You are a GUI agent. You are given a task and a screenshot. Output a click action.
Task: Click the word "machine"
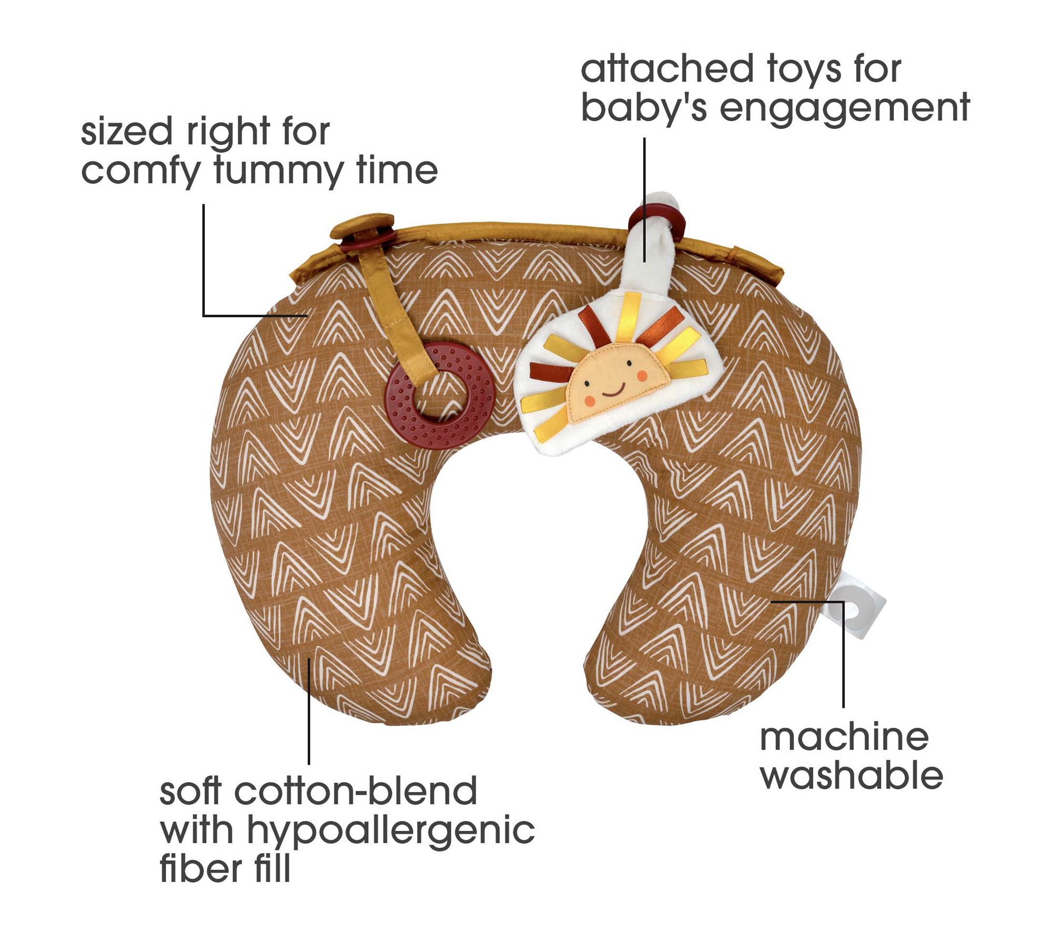point(844,737)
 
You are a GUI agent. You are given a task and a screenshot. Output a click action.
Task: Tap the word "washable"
point(851,776)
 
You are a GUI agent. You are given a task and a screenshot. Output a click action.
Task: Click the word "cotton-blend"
point(356,792)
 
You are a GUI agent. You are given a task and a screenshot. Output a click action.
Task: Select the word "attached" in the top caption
point(659,69)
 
